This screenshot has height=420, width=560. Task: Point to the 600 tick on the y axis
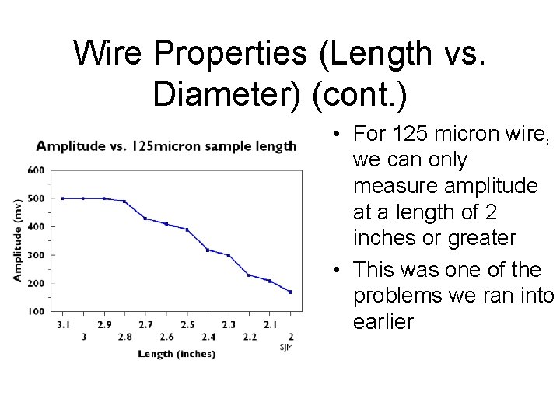[x=36, y=170]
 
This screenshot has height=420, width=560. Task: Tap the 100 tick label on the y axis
[x=36, y=311]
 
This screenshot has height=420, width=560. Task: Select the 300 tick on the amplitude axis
[x=36, y=254]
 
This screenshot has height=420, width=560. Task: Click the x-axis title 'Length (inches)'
[x=177, y=354]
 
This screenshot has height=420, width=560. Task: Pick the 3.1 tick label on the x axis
[x=62, y=324]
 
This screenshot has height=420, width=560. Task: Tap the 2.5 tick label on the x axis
[x=187, y=324]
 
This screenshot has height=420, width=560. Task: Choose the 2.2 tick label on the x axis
[x=249, y=337]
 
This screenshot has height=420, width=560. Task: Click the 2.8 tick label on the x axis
[x=124, y=337]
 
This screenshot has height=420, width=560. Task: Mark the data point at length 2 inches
[x=290, y=292]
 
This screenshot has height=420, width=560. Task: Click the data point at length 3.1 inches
[x=62, y=198]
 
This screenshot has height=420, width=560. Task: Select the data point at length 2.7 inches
[x=145, y=219]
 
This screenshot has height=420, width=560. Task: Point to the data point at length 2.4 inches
[x=208, y=250]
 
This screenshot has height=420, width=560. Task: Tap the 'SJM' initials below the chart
[x=287, y=347]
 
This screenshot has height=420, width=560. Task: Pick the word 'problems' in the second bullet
[x=396, y=296]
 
